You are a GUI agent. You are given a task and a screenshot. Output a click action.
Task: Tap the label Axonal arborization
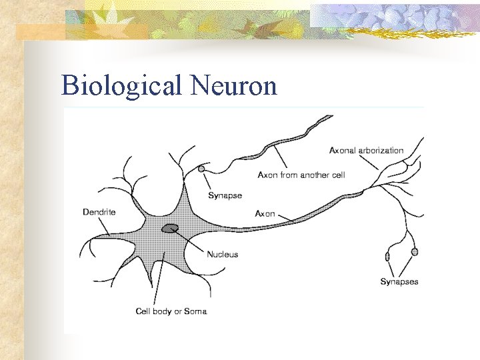366,151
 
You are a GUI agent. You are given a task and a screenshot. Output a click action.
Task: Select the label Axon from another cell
301,175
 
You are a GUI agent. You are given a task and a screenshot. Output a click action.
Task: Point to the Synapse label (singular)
225,195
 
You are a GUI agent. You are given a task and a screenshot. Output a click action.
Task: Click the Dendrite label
99,212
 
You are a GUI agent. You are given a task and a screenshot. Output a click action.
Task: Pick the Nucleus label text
222,254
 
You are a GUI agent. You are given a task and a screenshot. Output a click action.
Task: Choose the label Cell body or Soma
171,311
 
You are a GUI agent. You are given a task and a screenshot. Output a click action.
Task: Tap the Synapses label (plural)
399,281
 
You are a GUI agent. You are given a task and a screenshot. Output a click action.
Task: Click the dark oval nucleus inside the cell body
170,229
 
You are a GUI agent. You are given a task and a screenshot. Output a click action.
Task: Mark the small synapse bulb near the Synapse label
202,169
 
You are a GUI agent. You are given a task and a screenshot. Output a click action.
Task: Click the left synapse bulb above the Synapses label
387,257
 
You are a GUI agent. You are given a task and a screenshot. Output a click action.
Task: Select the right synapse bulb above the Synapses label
415,251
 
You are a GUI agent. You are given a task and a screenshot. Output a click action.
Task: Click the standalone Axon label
265,214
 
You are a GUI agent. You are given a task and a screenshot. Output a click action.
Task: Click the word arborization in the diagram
381,151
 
